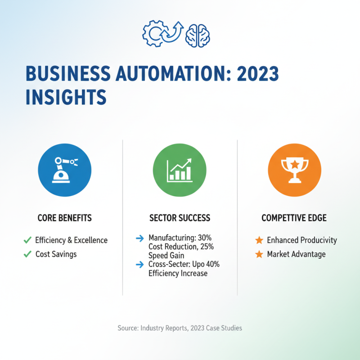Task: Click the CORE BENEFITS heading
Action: pyautogui.click(x=65, y=218)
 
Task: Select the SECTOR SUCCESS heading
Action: pyautogui.click(x=180, y=218)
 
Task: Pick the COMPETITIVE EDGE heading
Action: pyautogui.click(x=294, y=218)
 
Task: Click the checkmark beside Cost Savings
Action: pyautogui.click(x=27, y=254)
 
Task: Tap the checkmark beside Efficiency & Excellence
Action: pyautogui.click(x=27, y=240)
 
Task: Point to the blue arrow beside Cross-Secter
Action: pyautogui.click(x=139, y=264)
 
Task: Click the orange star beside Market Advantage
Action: pyautogui.click(x=259, y=254)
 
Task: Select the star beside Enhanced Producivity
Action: pyautogui.click(x=259, y=240)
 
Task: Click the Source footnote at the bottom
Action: pyautogui.click(x=180, y=328)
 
